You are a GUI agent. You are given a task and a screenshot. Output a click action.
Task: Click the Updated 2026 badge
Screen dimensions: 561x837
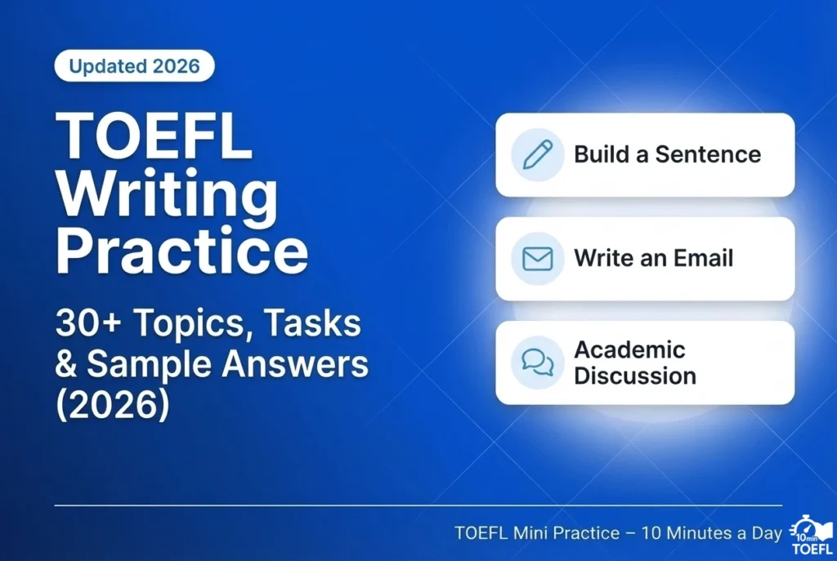134,66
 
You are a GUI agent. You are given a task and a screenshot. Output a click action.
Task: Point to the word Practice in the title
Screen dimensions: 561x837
181,252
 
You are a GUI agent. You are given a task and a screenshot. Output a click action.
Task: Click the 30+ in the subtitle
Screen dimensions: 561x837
86,324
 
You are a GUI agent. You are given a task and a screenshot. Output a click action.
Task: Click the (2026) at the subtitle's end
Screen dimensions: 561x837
112,406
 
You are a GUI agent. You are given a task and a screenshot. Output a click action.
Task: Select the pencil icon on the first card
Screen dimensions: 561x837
537,154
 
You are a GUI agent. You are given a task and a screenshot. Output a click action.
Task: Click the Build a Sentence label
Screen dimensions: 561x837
667,154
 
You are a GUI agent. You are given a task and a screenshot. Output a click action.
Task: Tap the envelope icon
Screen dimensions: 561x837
537,259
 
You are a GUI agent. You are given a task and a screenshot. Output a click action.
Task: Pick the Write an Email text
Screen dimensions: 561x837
653,259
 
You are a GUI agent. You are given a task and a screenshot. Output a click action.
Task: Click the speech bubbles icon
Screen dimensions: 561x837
537,363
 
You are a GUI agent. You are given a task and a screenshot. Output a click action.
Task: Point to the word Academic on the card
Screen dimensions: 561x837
629,350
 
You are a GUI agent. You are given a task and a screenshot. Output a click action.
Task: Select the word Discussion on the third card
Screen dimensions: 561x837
635,376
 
